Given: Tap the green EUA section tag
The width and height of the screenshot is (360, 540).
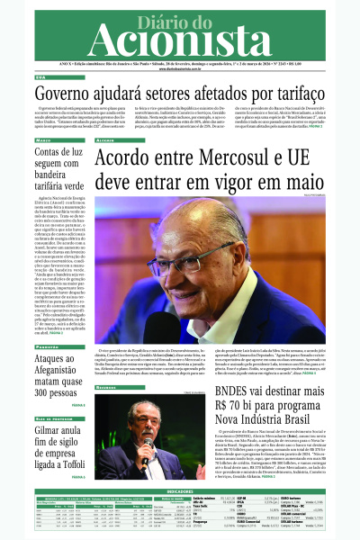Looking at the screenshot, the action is [x=40, y=78].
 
